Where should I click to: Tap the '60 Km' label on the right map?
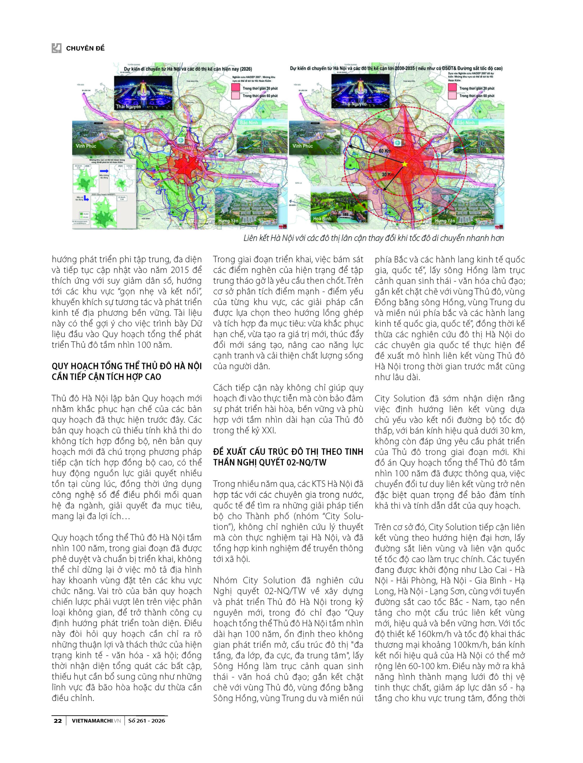[385, 151]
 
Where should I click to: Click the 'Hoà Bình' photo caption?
[322, 218]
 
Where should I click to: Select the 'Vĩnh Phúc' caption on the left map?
[86, 146]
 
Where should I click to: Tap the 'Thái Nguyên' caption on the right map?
[354, 103]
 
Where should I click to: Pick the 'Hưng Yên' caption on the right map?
[445, 221]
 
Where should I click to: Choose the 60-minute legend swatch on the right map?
[452, 96]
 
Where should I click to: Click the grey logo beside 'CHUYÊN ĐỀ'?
[56, 48]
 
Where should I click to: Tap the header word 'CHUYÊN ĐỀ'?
[85, 48]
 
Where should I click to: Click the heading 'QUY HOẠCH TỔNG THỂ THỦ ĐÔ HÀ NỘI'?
[127, 366]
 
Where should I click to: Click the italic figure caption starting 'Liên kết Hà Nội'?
[373, 238]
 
